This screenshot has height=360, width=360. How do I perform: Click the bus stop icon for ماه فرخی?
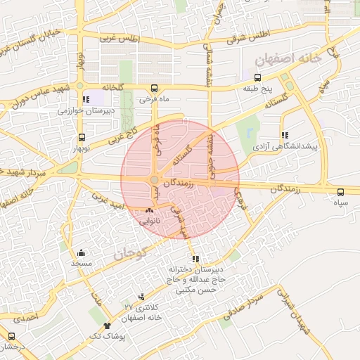coord(154,89)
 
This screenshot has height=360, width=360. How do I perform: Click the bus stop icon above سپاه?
coord(341,191)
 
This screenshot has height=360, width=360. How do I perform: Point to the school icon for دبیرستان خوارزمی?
coord(86,100)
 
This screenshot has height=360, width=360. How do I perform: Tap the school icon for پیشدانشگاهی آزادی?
coord(284,136)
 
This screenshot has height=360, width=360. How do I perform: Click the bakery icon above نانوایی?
coord(150,210)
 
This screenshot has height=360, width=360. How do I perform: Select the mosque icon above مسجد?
coord(81,252)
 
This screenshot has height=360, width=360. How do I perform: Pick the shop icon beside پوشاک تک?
coord(107,325)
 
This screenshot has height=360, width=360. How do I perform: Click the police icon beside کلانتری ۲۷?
coord(142,297)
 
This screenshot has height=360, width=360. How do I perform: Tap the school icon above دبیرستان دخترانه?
coord(195,259)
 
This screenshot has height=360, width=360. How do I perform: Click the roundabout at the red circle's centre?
coord(154,181)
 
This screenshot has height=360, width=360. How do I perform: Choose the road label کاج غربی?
coord(113,139)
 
